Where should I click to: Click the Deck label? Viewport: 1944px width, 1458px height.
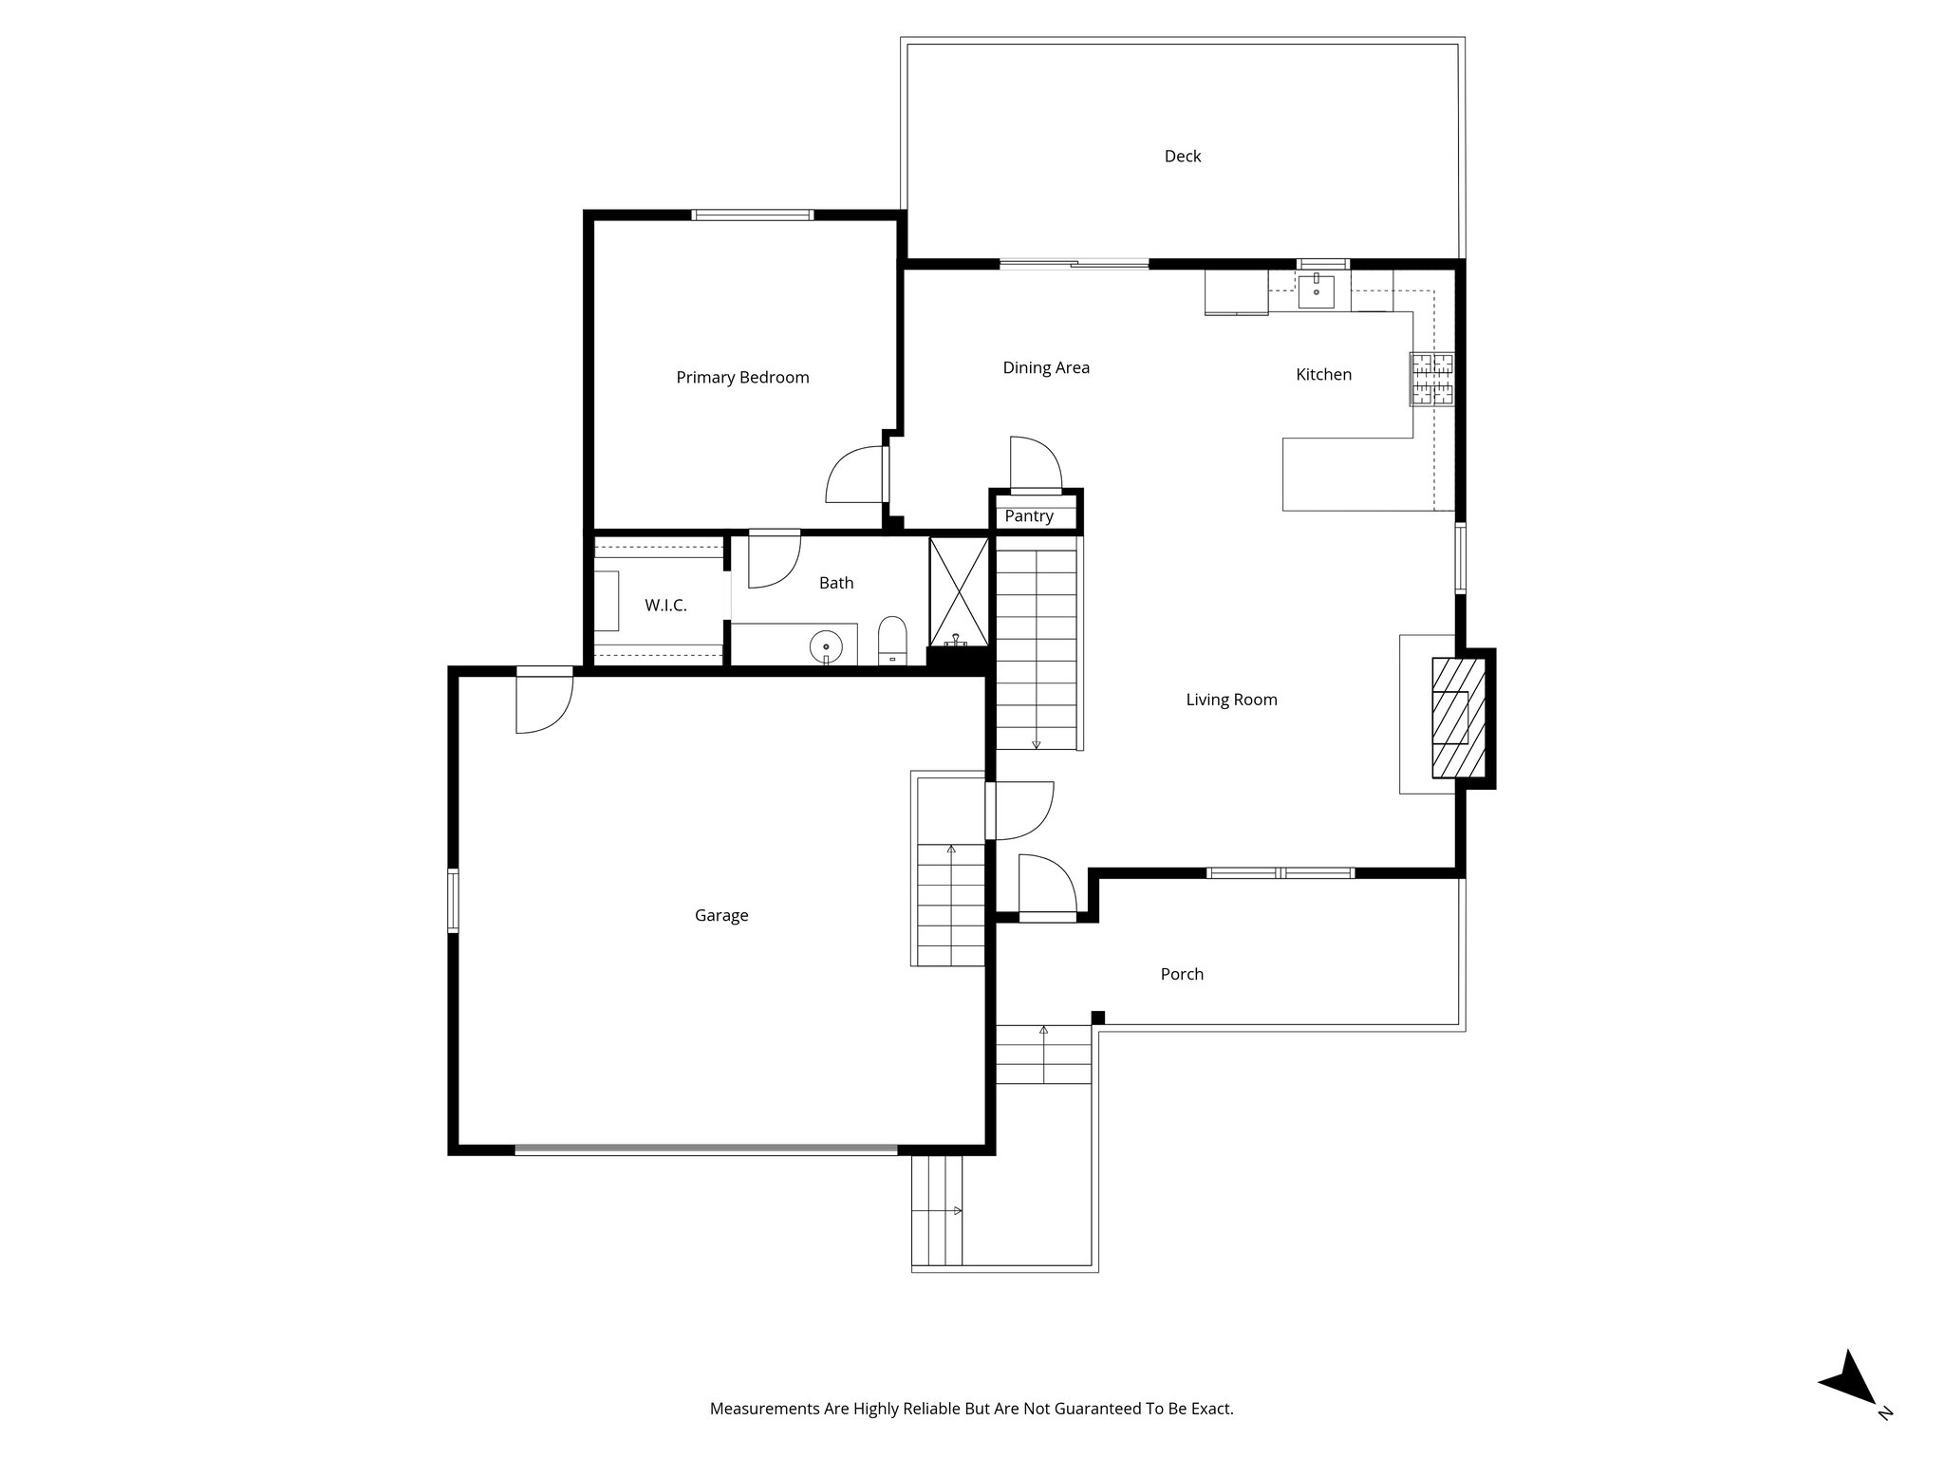click(1182, 157)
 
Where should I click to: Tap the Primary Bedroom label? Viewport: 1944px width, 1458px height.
click(742, 378)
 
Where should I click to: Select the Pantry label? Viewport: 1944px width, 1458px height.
click(1029, 516)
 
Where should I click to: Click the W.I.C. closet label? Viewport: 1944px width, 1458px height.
click(665, 606)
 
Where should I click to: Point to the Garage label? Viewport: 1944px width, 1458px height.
click(721, 916)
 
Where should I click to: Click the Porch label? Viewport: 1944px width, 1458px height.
click(1182, 975)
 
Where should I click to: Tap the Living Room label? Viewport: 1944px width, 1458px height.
click(1231, 701)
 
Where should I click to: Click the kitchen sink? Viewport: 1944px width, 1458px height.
click(1316, 291)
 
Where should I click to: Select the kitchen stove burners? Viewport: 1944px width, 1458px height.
click(1431, 379)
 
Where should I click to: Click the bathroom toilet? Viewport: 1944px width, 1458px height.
click(892, 640)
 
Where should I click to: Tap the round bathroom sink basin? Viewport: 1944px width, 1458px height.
click(826, 647)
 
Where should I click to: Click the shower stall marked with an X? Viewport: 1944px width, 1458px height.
click(959, 590)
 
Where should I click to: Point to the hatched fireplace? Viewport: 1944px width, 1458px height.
click(1457, 718)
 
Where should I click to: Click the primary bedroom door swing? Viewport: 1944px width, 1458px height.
click(854, 475)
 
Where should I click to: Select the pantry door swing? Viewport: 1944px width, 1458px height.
click(1035, 463)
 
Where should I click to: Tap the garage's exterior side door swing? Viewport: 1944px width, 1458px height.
click(544, 702)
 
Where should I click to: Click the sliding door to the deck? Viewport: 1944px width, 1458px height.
click(1074, 265)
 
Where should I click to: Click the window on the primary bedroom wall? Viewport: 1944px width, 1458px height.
click(752, 215)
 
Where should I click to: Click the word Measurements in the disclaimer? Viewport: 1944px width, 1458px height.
click(764, 1409)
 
